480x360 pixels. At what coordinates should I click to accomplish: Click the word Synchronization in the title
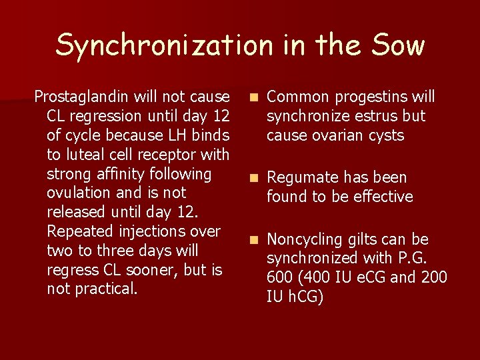[x=164, y=45]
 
